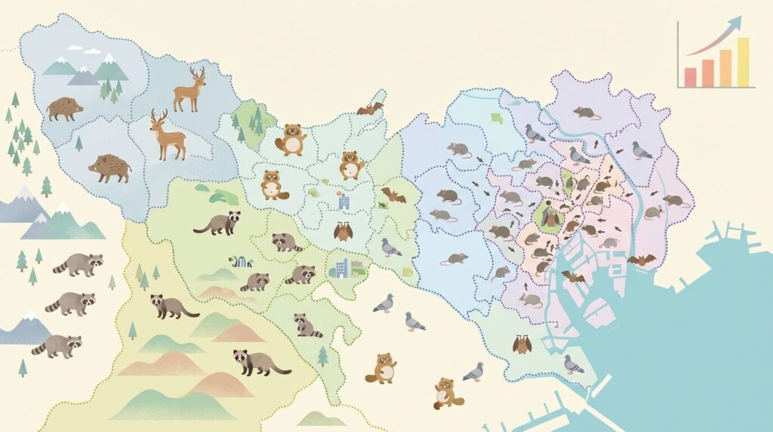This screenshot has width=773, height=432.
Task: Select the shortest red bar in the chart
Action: (690, 77)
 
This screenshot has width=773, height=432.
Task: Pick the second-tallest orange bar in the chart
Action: (725, 68)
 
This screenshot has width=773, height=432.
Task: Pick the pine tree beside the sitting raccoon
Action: (323, 355)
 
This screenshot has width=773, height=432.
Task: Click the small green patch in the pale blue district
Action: (496, 118)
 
